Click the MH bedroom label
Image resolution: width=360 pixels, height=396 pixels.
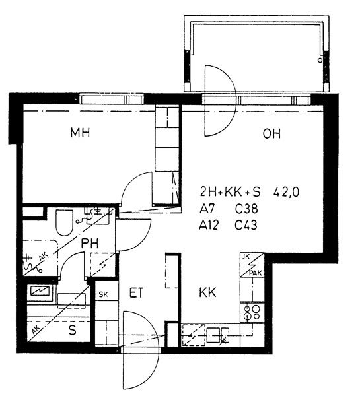(80, 133)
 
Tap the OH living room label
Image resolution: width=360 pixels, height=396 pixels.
(271, 133)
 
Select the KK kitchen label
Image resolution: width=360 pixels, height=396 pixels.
(207, 292)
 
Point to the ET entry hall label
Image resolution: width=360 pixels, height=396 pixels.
(136, 293)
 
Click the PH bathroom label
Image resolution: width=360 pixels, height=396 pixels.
(90, 243)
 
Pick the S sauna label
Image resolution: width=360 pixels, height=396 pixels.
(73, 330)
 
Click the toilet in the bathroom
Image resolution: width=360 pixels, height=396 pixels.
(65, 222)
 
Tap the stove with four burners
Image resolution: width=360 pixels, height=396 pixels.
(252, 313)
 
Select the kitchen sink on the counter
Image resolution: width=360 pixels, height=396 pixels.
(218, 335)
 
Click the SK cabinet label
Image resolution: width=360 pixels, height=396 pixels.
(103, 294)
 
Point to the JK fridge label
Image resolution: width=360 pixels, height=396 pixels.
(246, 257)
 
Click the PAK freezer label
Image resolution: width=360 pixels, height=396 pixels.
(256, 273)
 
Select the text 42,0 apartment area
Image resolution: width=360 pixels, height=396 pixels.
(286, 193)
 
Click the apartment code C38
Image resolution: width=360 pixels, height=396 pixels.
(246, 209)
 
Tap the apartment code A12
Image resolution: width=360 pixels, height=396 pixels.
(209, 225)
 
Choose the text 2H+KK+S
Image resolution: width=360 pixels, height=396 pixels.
(230, 192)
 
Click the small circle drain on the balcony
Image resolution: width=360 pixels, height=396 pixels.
(320, 60)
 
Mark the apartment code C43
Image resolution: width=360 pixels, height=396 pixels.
(246, 225)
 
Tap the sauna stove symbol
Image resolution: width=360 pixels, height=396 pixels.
(40, 290)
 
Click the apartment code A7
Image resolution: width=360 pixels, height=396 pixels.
(207, 209)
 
